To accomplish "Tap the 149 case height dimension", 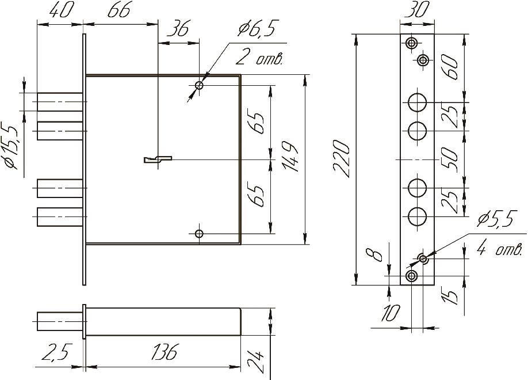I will [x=292, y=158].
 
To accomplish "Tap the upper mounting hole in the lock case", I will [x=199, y=86].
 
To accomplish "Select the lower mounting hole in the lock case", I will [x=199, y=234].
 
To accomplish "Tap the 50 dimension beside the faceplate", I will [x=452, y=158].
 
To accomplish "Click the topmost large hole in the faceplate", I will [x=417, y=102].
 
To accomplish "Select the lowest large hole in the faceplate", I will [x=417, y=216].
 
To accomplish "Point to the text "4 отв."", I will [x=500, y=249].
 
